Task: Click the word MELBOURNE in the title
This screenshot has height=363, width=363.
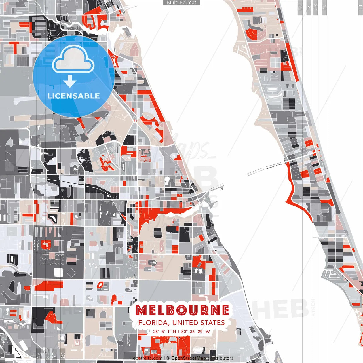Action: pos(182,310)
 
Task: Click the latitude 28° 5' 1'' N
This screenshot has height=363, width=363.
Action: pos(164,331)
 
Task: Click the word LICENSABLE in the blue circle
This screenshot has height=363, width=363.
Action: pos(74,96)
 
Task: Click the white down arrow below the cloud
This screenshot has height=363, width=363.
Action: pos(70,82)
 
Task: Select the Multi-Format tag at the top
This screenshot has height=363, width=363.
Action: pos(181,3)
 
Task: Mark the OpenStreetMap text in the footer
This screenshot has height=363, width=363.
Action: pos(189,358)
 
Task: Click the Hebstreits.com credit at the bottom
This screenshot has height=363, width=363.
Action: pos(146,358)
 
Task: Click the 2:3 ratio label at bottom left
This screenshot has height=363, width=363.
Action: pos(63,355)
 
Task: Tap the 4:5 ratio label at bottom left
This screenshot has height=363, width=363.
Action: pos(39,355)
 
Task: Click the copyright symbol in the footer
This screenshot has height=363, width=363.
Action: pos(168,358)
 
